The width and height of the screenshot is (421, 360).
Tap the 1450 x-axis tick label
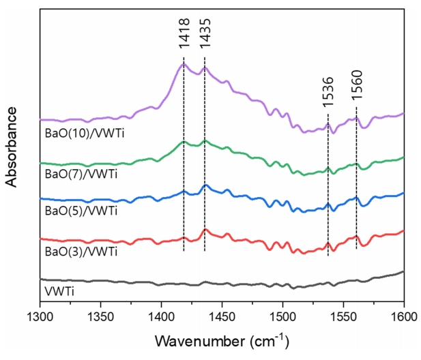point(222,317)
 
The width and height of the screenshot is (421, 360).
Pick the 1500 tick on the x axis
point(282,317)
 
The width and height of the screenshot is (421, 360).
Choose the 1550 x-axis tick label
point(343,317)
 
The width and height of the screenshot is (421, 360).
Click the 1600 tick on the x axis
point(403,317)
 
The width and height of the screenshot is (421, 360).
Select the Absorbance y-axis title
point(12,146)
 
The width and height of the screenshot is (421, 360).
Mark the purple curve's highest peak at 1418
point(183,64)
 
